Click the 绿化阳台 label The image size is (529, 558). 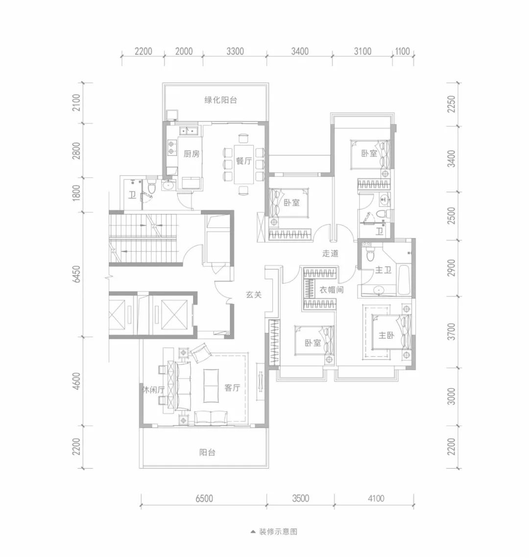(220, 100)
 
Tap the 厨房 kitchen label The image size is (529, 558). (191, 154)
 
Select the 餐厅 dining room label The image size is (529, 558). (244, 161)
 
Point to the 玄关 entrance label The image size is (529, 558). (254, 295)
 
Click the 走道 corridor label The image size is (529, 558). (330, 254)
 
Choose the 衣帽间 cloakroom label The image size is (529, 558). (331, 290)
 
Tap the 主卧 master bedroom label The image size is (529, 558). (386, 335)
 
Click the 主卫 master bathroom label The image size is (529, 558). (383, 270)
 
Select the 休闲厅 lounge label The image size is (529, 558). (153, 390)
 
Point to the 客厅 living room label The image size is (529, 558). (232, 387)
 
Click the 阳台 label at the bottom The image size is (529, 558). (207, 453)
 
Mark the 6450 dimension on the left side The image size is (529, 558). (76, 274)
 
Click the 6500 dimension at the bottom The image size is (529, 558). (204, 498)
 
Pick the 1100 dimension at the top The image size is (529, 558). (403, 51)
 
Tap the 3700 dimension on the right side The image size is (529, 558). (451, 331)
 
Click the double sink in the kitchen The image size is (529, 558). (189, 131)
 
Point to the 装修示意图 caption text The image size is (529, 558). (278, 532)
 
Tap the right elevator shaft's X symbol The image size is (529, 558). (174, 315)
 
